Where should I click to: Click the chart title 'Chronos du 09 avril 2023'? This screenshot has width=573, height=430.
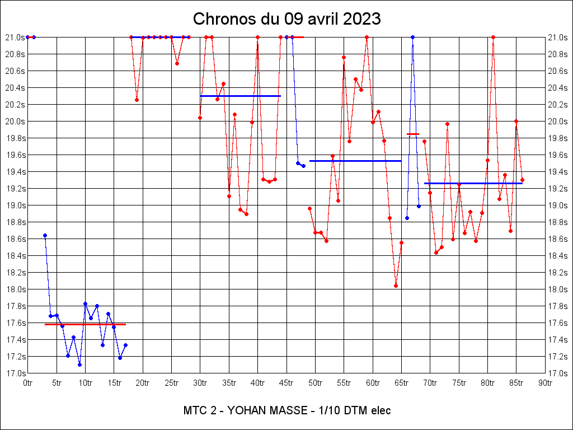click(x=286, y=19)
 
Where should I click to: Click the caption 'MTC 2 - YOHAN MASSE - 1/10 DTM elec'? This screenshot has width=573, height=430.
click(x=286, y=410)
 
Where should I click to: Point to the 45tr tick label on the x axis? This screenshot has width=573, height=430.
click(x=286, y=383)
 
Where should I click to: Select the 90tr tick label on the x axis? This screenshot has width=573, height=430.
click(x=545, y=383)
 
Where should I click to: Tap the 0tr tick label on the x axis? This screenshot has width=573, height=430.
click(x=27, y=383)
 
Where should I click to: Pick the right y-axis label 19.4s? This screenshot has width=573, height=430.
click(x=558, y=172)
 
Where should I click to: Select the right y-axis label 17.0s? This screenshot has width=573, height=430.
click(x=558, y=373)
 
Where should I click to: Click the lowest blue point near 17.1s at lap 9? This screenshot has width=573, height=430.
click(x=79, y=364)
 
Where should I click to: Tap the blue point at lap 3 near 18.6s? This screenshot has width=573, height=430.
click(x=45, y=236)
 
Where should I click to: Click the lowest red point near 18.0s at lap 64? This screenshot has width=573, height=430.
click(x=396, y=286)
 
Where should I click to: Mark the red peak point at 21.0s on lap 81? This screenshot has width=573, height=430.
click(x=493, y=37)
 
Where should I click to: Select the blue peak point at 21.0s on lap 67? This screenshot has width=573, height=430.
click(x=412, y=37)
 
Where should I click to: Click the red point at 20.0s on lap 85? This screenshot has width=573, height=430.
click(x=516, y=121)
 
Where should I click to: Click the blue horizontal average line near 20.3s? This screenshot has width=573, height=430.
click(x=240, y=96)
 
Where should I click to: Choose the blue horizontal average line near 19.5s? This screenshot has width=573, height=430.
click(x=355, y=161)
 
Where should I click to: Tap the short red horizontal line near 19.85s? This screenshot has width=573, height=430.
click(x=413, y=134)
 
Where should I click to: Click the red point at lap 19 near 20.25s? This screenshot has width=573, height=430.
click(x=137, y=100)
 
